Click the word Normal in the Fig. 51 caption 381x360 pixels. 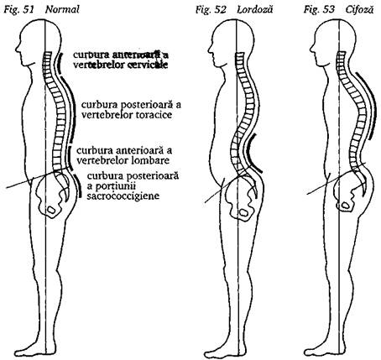point(62,10)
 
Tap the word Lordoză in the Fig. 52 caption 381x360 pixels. point(254,10)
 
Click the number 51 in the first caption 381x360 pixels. point(28,10)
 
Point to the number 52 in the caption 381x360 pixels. point(220,10)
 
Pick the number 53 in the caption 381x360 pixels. point(328,10)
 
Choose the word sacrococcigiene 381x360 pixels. point(123,196)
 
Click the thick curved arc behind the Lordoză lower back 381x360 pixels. point(250,154)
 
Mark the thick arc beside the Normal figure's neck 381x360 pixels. point(58,62)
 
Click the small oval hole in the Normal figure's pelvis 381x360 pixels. point(51,209)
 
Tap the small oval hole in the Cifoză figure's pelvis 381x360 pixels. point(346,206)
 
